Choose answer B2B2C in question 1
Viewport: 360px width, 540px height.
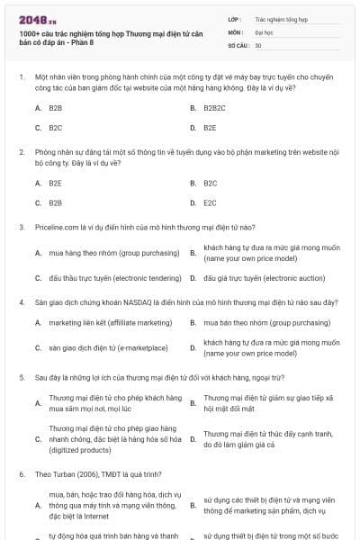214,107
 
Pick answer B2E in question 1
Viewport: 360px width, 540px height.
210,128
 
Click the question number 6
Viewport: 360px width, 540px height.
22,472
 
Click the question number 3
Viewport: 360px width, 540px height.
22,227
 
